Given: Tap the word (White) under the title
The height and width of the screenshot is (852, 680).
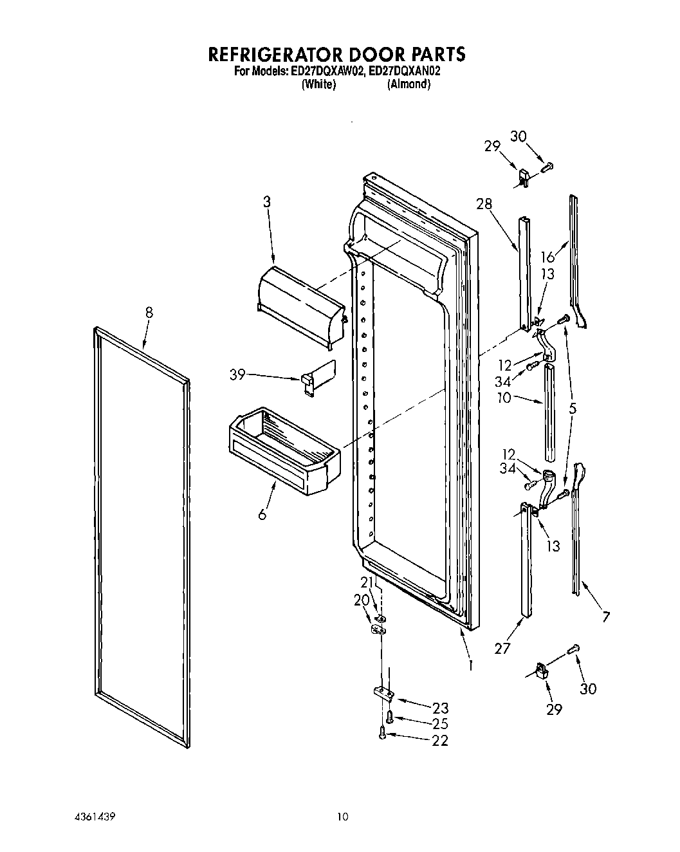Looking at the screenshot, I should coord(318,85).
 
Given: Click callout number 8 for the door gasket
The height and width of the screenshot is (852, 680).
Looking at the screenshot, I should coord(149,313).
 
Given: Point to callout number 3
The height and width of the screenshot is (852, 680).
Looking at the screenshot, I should coord(266,202).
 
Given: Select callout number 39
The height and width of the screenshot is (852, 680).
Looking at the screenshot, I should coord(237,374).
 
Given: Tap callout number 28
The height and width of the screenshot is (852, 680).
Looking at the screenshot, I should coord(484,204).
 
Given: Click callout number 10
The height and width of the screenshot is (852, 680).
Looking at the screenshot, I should coord(504,398).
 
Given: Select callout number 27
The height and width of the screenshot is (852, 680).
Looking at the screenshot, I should coord(502,648).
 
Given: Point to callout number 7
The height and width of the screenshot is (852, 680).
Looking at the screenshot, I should coord(605,617).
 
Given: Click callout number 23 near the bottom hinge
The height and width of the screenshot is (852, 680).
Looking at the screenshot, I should coord(440,708).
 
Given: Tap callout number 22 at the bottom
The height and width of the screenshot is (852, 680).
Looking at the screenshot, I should coord(440,741).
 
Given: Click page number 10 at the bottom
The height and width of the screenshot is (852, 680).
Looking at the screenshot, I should coord(342,817).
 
